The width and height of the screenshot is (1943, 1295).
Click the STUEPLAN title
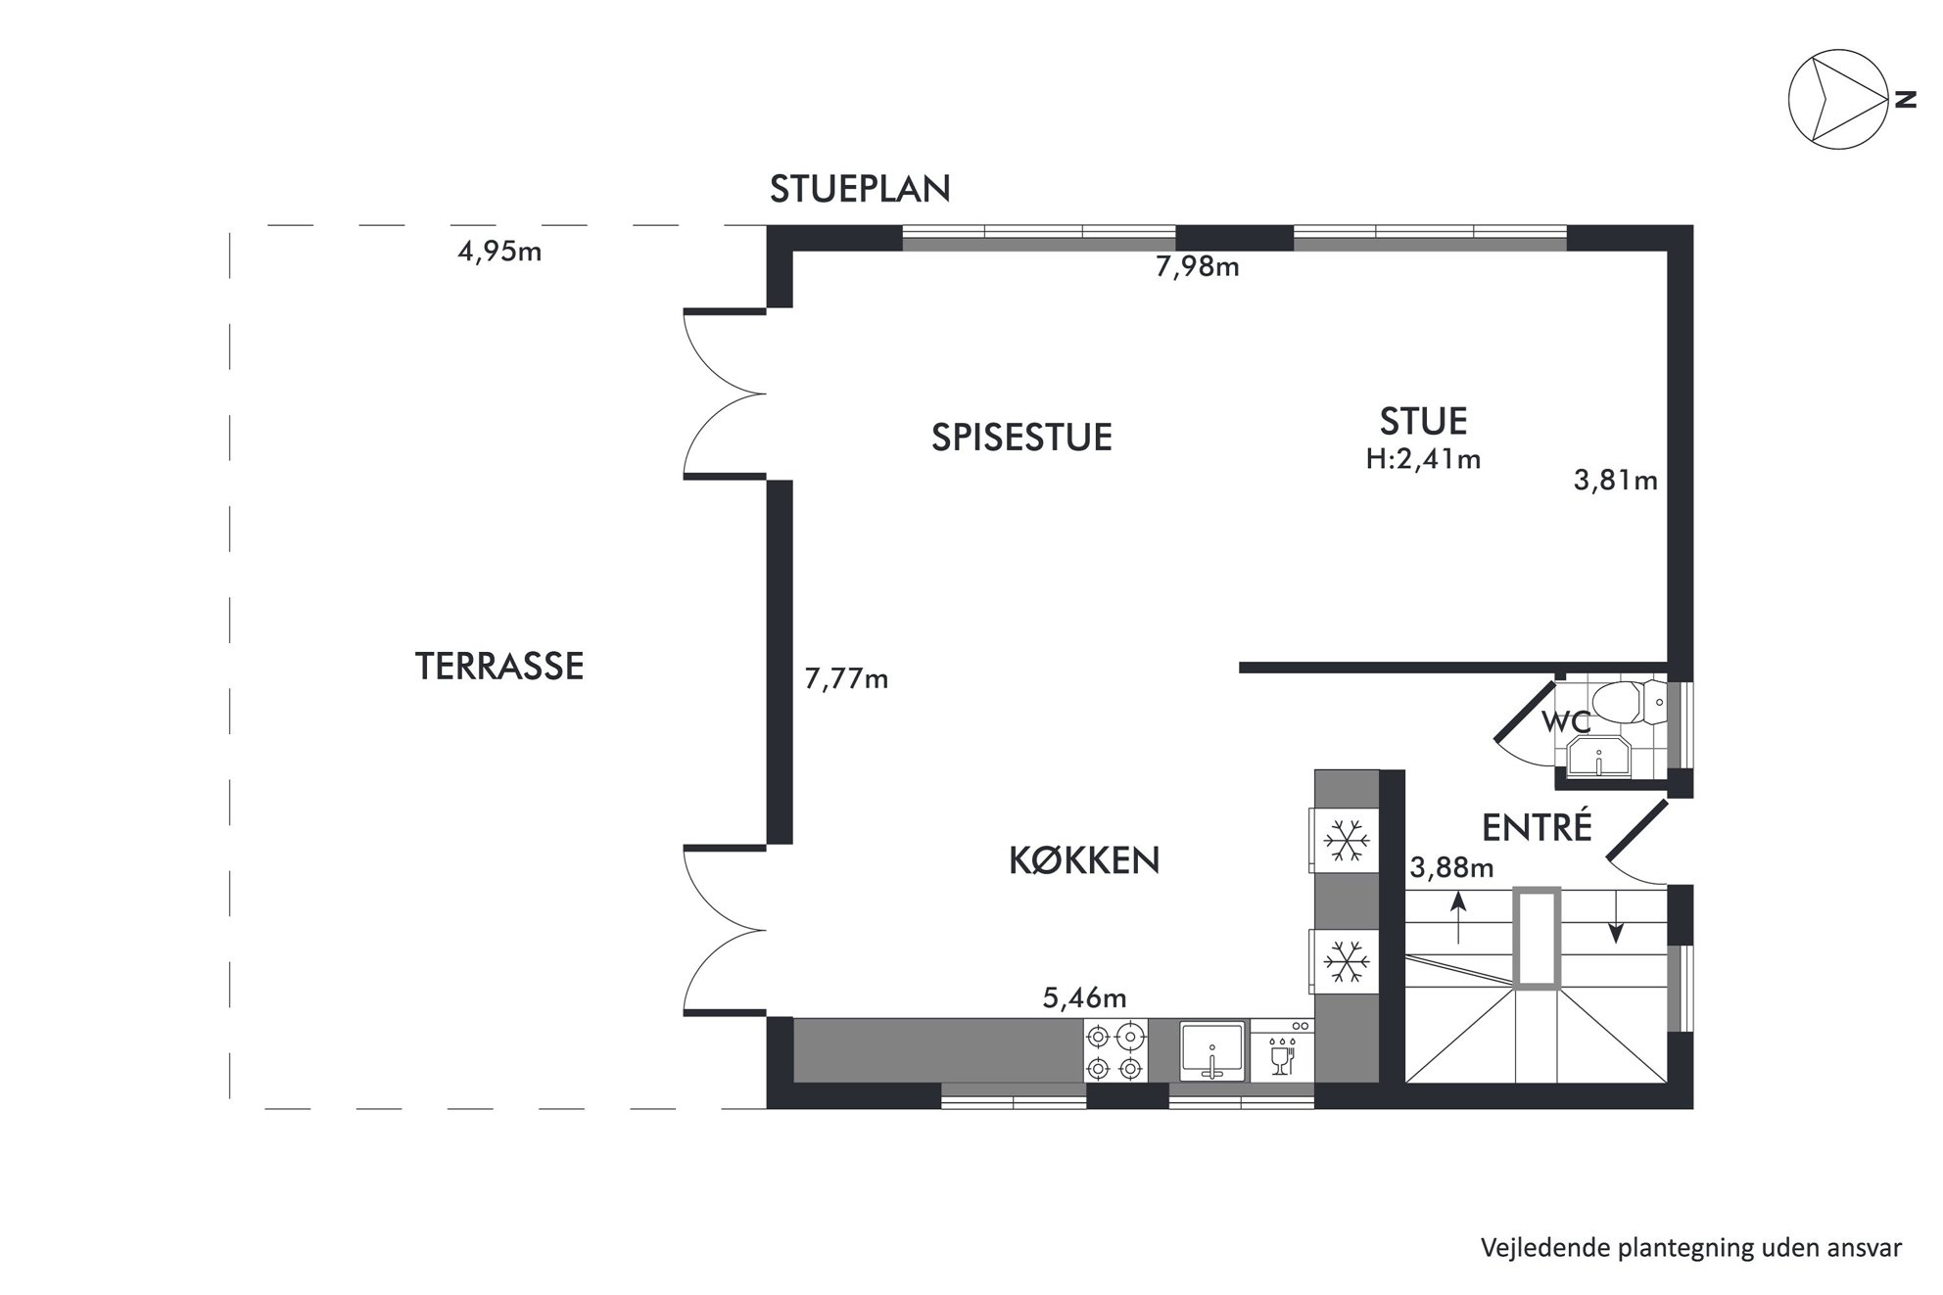pos(860,189)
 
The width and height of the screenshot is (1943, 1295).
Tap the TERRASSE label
pos(499,667)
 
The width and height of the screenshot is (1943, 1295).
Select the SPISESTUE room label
pos(1021,438)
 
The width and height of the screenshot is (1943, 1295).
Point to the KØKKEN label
pos(1084,859)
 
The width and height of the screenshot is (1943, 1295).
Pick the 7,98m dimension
pos(1198,266)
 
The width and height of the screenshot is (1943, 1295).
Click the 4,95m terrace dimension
pos(499,252)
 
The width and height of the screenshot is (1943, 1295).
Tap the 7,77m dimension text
pos(846,678)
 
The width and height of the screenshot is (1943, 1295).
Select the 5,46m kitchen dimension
pos(1084,997)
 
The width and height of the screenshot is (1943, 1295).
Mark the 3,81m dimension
pos(1615,481)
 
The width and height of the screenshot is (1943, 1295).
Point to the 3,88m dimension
pos(1451,867)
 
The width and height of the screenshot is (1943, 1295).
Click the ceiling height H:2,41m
pos(1423,459)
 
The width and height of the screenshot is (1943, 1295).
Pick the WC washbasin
pos(1599,758)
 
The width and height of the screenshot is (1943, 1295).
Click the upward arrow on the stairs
pos(1458,917)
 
